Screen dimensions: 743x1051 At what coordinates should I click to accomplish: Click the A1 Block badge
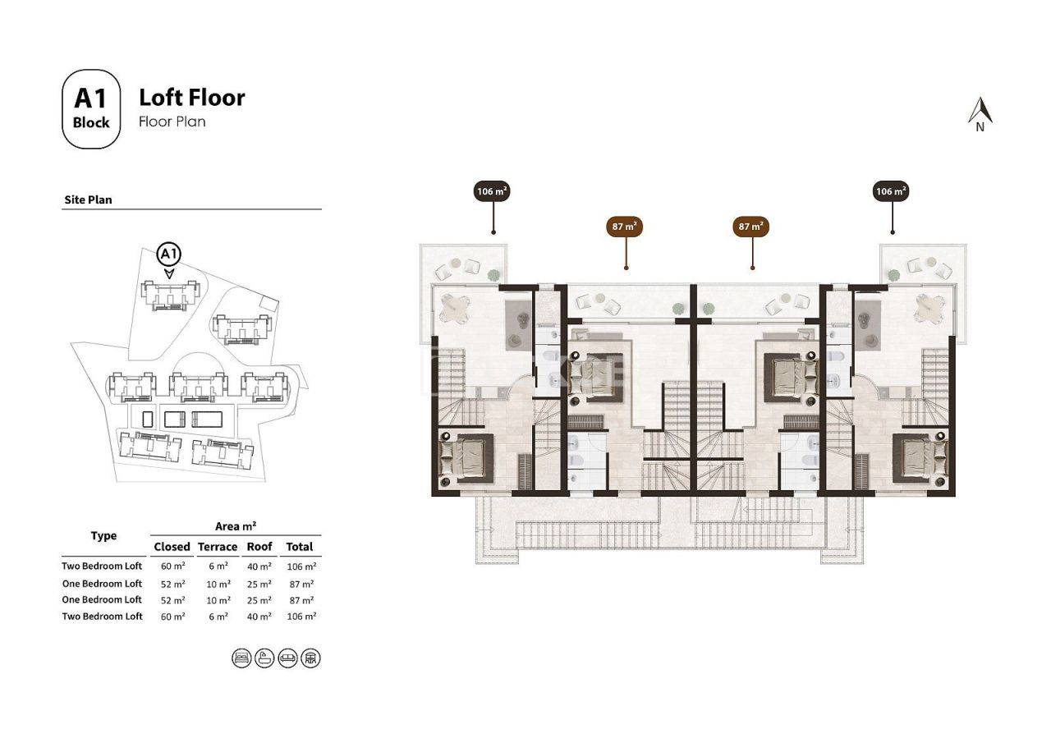(x=91, y=109)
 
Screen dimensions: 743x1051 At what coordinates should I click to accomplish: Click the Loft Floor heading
(x=191, y=98)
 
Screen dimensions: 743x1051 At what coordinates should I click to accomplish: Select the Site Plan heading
(x=88, y=200)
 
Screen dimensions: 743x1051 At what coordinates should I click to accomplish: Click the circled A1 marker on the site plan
(x=168, y=254)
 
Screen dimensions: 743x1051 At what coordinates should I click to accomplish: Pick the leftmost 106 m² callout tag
(x=493, y=191)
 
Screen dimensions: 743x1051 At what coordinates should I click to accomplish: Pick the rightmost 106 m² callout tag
(x=891, y=191)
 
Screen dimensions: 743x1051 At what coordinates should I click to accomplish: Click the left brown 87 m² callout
(x=625, y=226)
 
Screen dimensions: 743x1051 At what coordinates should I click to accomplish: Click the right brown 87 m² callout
(x=750, y=226)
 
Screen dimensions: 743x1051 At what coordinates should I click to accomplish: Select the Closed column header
(x=172, y=547)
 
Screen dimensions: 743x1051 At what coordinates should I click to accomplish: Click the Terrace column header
(x=218, y=547)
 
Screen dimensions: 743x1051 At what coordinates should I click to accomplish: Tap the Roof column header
(x=259, y=547)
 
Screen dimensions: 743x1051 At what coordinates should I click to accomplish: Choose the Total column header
(x=300, y=547)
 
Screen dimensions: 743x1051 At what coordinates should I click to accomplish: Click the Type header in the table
(x=103, y=536)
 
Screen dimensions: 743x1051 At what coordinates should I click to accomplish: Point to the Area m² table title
(x=235, y=526)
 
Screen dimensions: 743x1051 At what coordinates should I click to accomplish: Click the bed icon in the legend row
(x=241, y=658)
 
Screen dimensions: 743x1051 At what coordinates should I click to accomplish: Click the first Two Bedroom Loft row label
(x=102, y=566)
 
